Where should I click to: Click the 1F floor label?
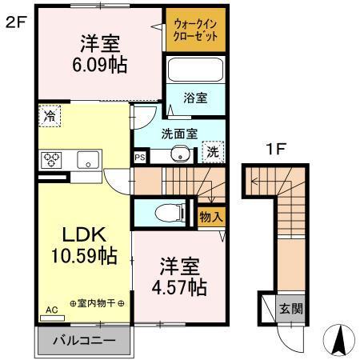(276, 148)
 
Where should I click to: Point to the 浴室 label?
(195, 98)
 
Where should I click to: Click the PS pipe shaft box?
(140, 158)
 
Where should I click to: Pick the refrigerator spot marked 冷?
(49, 115)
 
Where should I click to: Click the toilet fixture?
(166, 213)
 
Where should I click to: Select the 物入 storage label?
(210, 216)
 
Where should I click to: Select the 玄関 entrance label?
(289, 308)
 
